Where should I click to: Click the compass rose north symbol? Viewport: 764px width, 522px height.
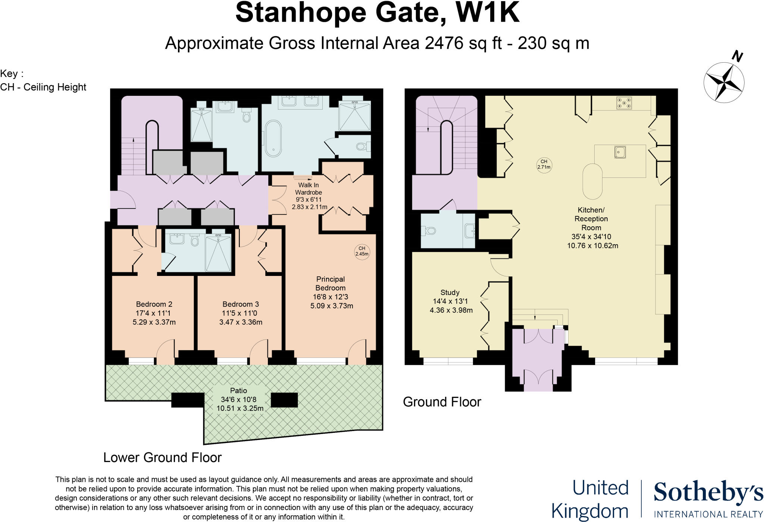[724, 82]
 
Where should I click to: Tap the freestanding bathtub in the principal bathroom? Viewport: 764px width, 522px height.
[273, 138]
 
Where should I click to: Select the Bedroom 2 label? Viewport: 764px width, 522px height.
[154, 304]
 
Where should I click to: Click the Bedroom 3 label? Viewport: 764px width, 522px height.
[241, 304]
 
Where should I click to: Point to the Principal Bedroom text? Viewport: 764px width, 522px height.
[331, 283]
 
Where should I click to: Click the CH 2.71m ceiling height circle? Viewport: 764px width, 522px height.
[544, 164]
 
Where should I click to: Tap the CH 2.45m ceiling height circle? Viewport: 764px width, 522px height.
[361, 251]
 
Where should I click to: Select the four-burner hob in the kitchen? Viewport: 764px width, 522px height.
[624, 103]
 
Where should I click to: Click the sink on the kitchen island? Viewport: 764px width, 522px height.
[620, 152]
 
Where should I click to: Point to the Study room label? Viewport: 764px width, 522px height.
[450, 292]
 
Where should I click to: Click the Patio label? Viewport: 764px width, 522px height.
[238, 390]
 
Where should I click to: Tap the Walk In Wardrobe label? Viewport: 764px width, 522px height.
[309, 189]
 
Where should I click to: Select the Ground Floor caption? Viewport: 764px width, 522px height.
[442, 402]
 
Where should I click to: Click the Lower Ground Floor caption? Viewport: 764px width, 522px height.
[162, 457]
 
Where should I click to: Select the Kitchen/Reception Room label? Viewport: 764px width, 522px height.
[591, 219]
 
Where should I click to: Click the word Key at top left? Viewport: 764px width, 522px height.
[9, 73]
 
